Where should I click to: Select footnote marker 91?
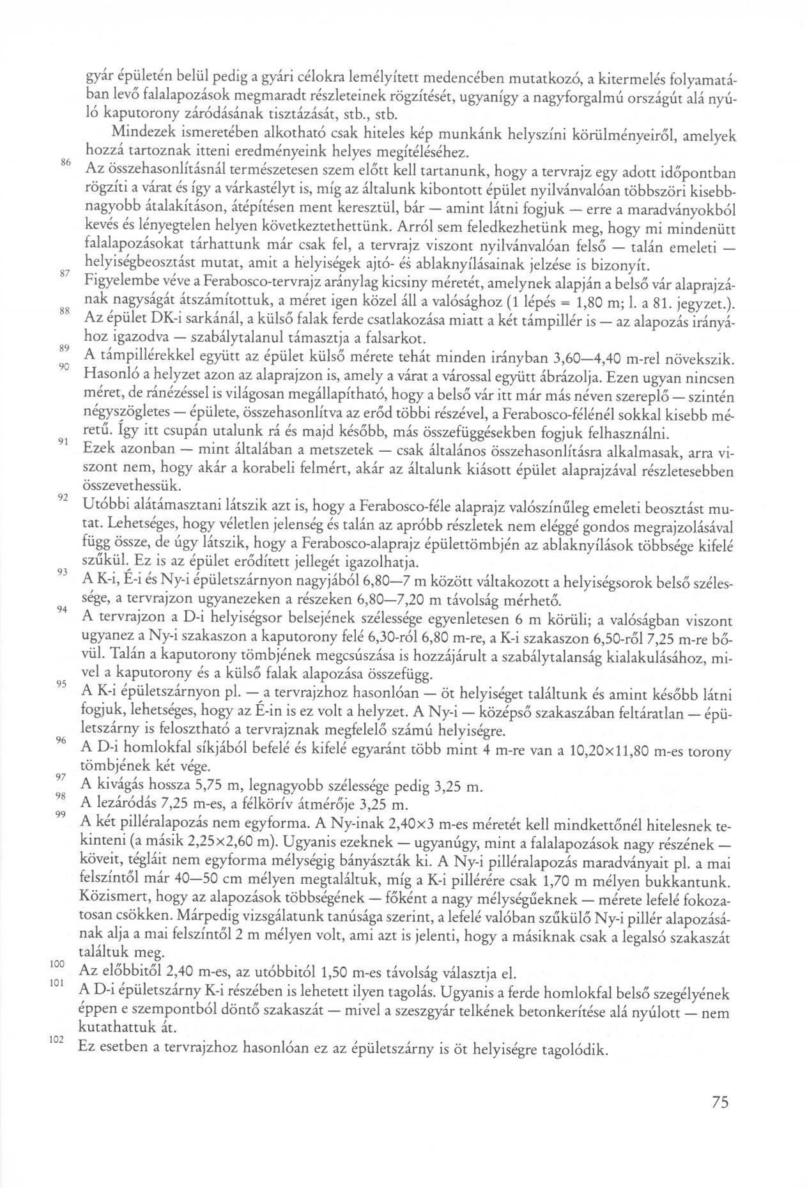click(63, 442)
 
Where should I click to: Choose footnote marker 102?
click(58, 1040)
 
